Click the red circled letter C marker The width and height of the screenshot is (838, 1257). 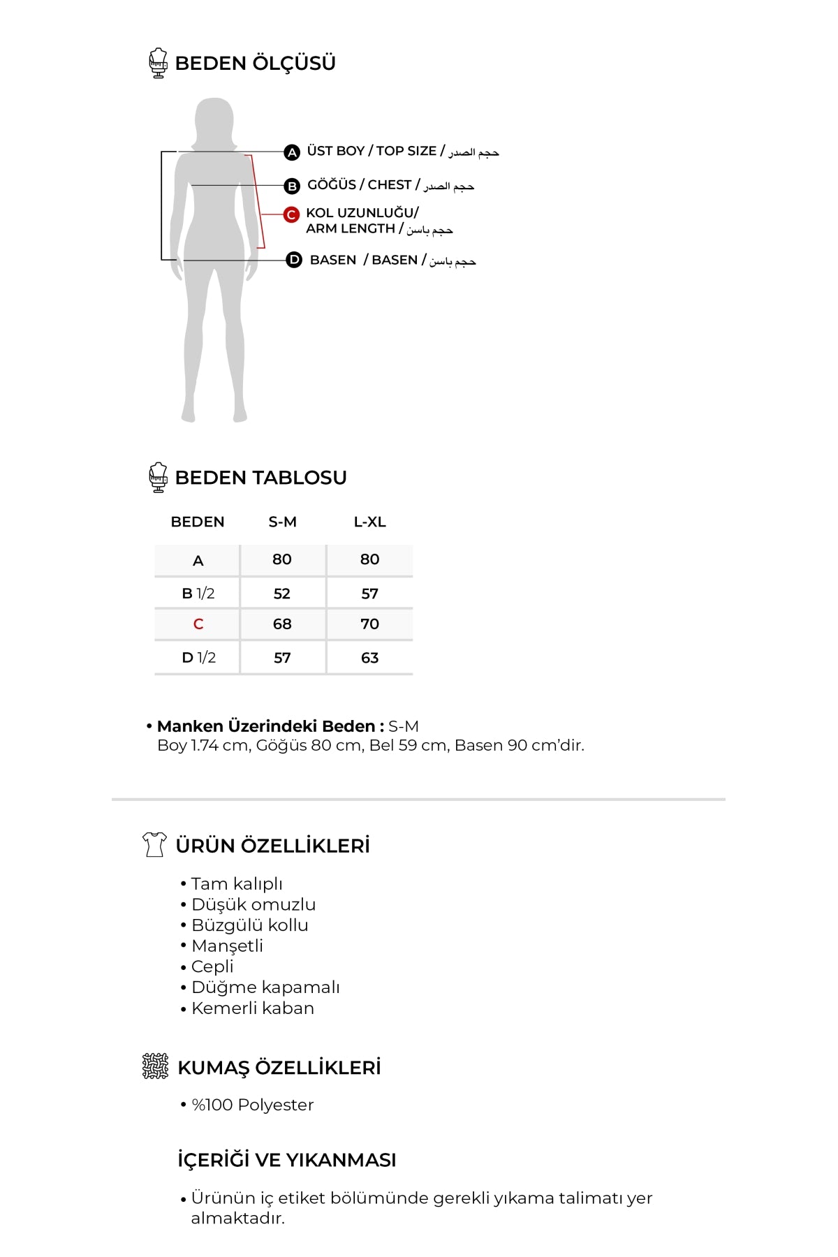pos(291,214)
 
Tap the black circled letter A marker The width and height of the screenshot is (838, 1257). pos(292,152)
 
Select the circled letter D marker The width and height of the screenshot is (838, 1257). pos(294,260)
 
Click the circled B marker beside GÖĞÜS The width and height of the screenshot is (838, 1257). pos(292,186)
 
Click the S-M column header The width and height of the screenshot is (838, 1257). pos(282,522)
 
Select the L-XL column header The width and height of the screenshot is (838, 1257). pos(369,522)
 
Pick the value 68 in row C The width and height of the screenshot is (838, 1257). pos(282,624)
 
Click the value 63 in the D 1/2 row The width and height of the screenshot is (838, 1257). pos(369,657)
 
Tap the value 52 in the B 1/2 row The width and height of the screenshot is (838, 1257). pos(281,594)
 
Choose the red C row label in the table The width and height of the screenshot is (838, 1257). pos(198,624)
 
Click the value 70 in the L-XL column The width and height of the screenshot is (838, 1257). pos(369,624)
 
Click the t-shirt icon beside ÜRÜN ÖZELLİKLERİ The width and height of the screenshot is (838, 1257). pos(154,844)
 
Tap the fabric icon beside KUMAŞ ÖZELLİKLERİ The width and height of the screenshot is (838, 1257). pos(155,1066)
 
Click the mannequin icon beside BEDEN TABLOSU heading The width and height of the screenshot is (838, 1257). pos(159,477)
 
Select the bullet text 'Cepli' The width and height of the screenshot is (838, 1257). pos(212,966)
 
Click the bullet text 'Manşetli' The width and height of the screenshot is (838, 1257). pos(227,946)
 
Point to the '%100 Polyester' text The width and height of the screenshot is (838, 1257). pos(252,1105)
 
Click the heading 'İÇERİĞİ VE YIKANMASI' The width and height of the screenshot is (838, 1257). pos(286,1160)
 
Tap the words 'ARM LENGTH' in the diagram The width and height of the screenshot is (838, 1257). pos(351,228)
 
